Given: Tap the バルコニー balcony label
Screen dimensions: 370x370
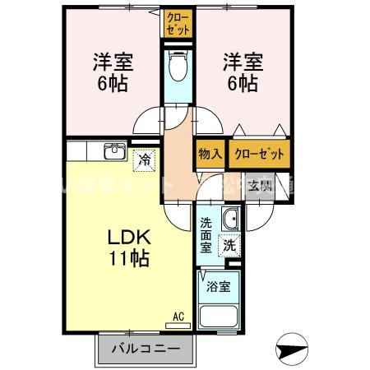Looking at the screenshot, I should click(146, 349).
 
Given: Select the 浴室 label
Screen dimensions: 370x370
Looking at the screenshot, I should click(218, 288).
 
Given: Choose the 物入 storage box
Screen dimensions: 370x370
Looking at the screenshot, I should click(210, 154).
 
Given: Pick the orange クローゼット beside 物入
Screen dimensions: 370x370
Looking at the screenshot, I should click(259, 154).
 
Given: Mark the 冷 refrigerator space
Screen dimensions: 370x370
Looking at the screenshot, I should click(145, 159).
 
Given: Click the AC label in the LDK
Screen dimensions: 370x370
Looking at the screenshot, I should click(178, 314).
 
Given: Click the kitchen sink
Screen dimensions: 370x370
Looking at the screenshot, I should click(113, 153).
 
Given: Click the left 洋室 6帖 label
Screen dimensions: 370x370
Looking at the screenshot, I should click(113, 72).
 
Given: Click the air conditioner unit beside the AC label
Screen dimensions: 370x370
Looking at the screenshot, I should click(177, 325).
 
